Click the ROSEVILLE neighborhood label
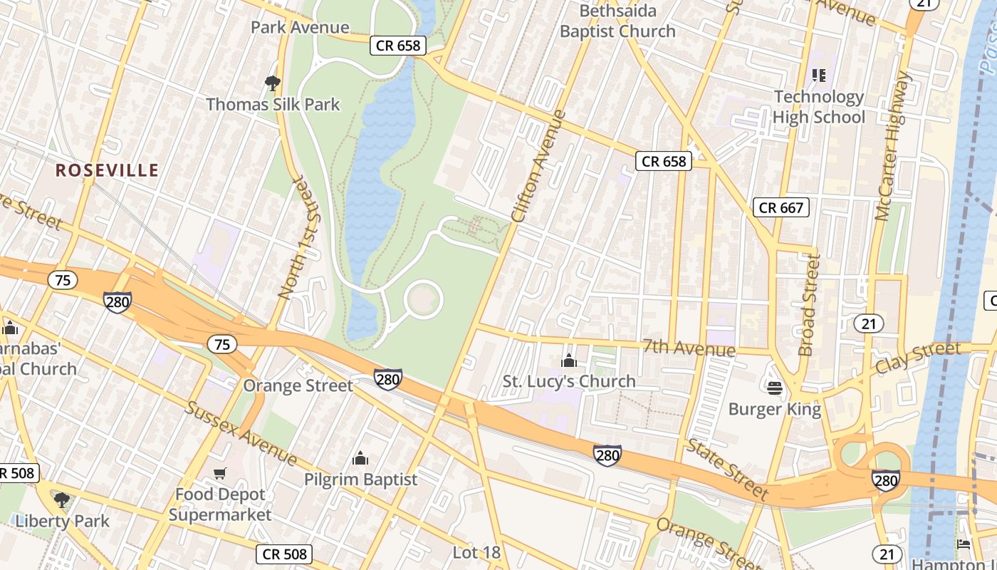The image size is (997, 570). click(107, 170)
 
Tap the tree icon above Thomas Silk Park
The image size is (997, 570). click(272, 83)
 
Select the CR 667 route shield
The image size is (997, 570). click(781, 207)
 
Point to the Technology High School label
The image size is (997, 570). click(819, 107)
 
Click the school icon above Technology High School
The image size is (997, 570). click(818, 75)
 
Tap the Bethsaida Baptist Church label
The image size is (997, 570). click(617, 21)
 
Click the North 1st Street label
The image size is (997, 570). click(298, 236)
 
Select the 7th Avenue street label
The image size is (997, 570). click(689, 347)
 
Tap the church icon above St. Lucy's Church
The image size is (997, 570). click(568, 361)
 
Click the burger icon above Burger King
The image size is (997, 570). click(775, 388)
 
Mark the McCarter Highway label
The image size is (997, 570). click(894, 146)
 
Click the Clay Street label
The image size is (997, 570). click(918, 358)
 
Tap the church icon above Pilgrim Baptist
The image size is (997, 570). click(360, 457)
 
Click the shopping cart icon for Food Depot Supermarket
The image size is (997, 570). click(220, 474)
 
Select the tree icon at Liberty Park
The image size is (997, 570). click(62, 500)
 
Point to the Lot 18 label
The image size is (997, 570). click(476, 552)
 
